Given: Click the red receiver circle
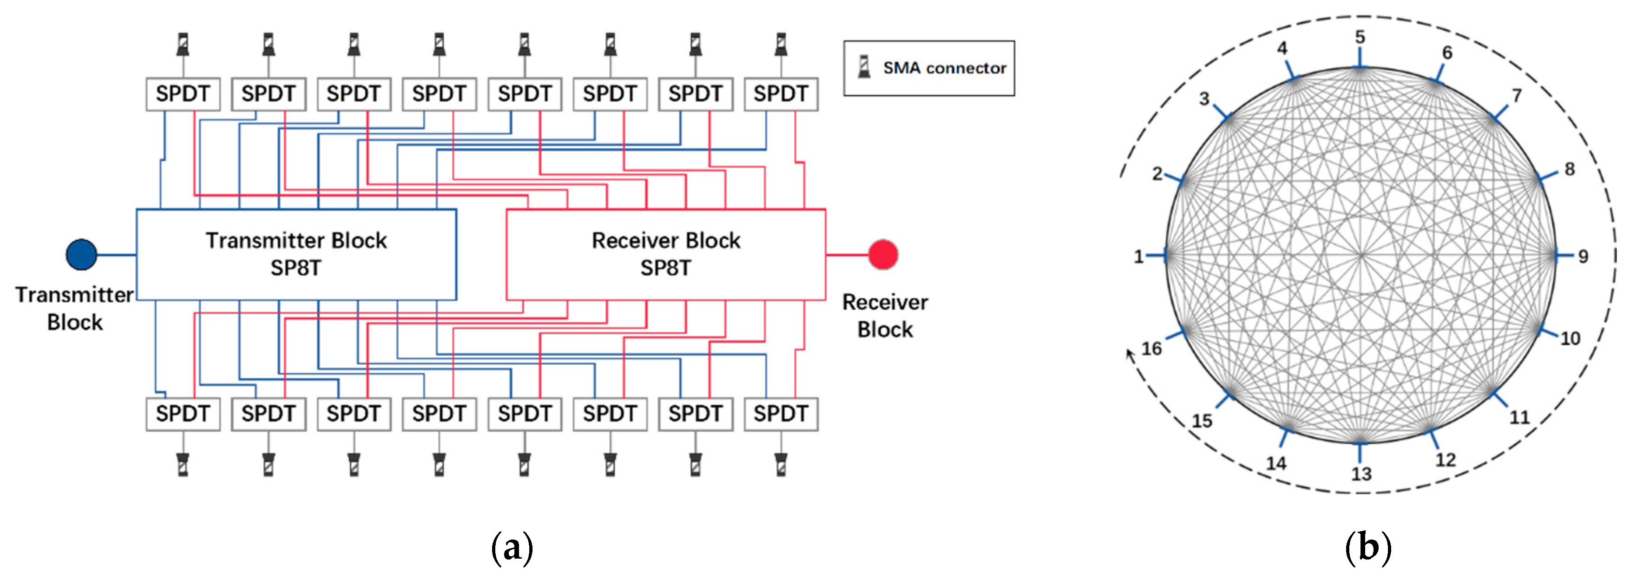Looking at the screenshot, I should click(883, 255).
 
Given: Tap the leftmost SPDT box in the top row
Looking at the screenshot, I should click(183, 94).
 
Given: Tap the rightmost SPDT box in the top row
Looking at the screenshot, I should click(781, 94).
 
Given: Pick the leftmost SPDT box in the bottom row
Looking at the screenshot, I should click(183, 414).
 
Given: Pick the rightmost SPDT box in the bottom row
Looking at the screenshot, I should click(781, 414).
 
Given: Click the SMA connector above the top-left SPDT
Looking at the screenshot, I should click(183, 44).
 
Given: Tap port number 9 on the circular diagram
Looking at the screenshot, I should click(1583, 257).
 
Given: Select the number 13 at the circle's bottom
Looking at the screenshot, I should click(1361, 474).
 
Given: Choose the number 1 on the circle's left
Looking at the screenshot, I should click(1138, 257).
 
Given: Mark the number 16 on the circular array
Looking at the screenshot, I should click(1151, 348).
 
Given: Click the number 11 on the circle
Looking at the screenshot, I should click(1519, 417).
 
